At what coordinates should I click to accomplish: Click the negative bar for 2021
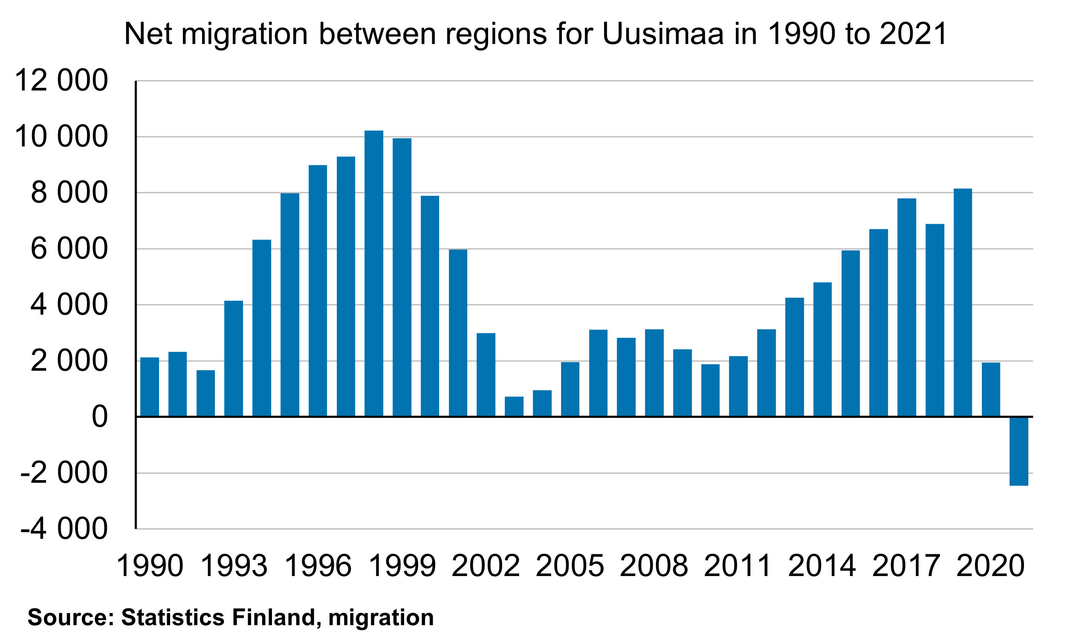1019,451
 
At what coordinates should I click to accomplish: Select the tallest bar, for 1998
374,273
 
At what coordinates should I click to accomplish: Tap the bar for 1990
150,387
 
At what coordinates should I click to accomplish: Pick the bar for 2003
514,406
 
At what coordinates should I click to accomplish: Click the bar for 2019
963,302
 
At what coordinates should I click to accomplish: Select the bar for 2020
991,389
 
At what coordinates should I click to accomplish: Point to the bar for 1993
234,359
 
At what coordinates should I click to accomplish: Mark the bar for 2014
822,349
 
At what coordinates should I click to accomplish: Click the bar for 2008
654,373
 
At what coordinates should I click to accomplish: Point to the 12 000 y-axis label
61,81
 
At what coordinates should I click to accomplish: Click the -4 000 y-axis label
64,529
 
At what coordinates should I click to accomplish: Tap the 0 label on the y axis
100,417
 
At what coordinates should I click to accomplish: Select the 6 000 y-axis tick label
69,249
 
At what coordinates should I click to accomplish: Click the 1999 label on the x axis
402,566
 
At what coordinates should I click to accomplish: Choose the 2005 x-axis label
570,566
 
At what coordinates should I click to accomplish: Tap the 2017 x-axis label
906,566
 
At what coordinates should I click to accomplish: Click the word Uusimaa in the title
662,34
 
